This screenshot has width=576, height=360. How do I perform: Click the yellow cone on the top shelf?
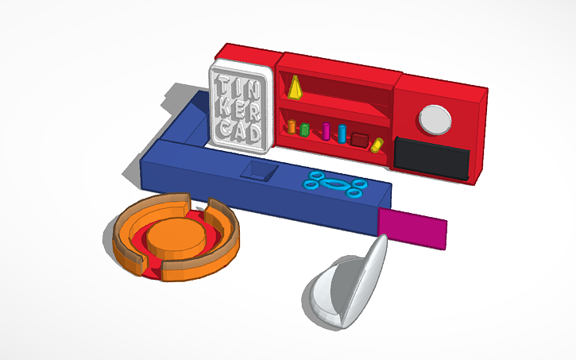(296, 88)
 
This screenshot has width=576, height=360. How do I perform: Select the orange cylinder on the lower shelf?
(292, 126)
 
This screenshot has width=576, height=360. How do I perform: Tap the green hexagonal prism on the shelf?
(304, 128)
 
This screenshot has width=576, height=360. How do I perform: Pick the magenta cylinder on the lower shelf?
(326, 130)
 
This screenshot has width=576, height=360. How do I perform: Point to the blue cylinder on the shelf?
(342, 133)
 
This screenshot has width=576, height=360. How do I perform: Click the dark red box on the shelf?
(360, 140)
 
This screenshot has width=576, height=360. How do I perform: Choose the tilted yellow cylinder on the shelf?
(377, 145)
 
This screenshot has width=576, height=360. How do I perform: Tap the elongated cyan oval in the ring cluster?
(334, 184)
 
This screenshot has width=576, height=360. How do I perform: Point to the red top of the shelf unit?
(338, 64)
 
